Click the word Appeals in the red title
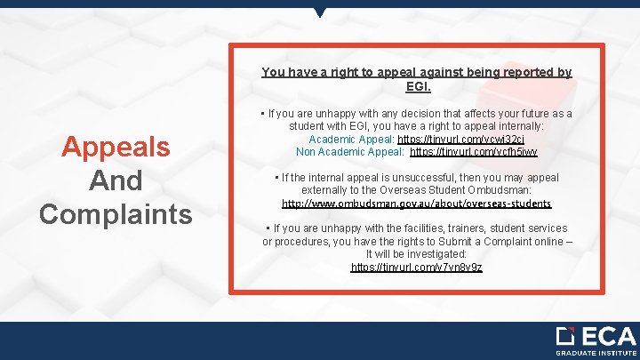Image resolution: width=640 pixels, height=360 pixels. coord(116,147)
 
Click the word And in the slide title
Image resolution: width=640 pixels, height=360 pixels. coord(116,180)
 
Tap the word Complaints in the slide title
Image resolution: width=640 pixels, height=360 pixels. coord(116,214)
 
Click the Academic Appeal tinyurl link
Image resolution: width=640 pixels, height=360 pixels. coord(449,140)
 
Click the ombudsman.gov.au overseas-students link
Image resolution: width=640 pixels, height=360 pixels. coord(416,204)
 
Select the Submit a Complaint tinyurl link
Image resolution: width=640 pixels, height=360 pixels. coord(416,267)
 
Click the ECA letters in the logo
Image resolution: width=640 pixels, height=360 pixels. coord(608,337)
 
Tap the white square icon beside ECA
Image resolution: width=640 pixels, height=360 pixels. coord(565,336)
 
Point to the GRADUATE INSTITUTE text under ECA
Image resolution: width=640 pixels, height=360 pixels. coord(596,353)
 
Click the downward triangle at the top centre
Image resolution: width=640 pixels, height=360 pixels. coord(320,12)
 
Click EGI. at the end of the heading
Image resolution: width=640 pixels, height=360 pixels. coord(418,86)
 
